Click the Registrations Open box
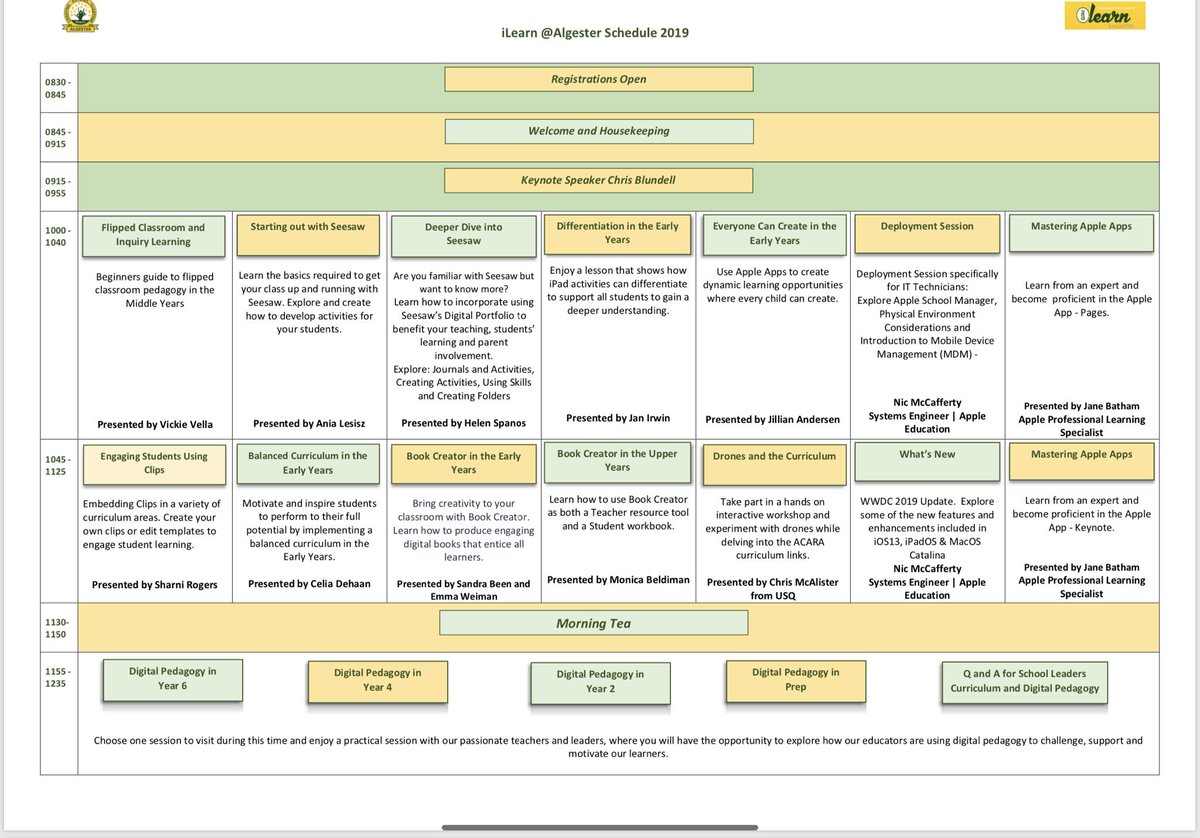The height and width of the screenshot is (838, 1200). (x=598, y=79)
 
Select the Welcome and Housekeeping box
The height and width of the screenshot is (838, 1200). (x=599, y=131)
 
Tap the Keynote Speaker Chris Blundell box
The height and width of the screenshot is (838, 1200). (x=598, y=181)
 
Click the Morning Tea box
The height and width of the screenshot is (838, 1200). (x=594, y=623)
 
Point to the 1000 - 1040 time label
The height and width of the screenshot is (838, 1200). (x=56, y=236)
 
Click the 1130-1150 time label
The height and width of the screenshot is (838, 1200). (x=56, y=628)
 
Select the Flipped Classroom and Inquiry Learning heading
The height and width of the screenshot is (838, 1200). (x=154, y=236)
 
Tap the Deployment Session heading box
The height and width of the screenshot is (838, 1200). (x=927, y=234)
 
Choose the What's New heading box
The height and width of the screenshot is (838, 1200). (x=927, y=462)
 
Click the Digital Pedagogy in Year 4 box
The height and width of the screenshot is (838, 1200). (x=378, y=682)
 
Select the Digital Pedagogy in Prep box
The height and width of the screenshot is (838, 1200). (x=796, y=681)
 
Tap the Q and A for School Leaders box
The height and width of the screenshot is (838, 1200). (x=1024, y=683)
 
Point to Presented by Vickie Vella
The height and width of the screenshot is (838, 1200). (x=155, y=424)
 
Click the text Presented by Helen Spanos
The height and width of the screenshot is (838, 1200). (x=463, y=423)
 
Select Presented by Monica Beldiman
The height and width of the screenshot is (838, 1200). (x=618, y=580)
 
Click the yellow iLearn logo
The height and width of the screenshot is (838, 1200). (x=1105, y=15)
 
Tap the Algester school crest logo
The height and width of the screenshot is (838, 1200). (x=80, y=16)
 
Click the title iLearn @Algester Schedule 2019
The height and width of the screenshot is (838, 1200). (x=595, y=33)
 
